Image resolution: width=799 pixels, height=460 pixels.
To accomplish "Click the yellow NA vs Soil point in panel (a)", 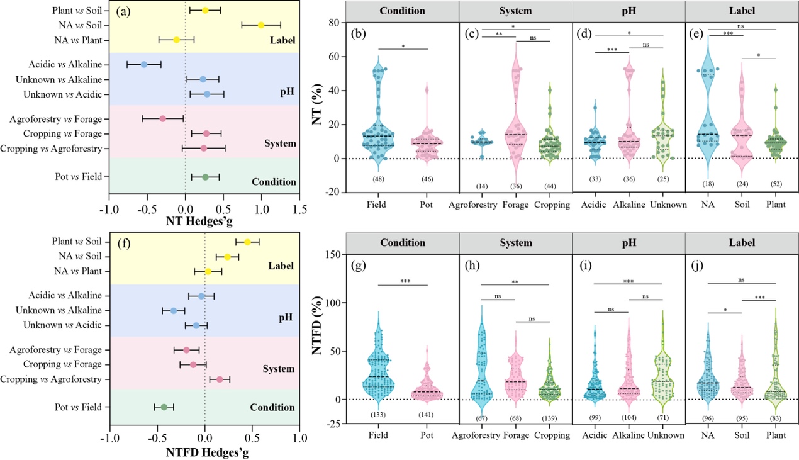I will pos(261,25).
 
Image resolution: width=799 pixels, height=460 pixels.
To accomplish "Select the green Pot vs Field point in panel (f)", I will pos(164,407).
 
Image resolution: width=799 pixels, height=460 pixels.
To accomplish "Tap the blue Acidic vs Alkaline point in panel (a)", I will pos(144,64).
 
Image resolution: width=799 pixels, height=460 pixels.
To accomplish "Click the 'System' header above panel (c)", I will pos(515,10).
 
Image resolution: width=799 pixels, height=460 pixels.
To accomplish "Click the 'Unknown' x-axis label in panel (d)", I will pos(664,204).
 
